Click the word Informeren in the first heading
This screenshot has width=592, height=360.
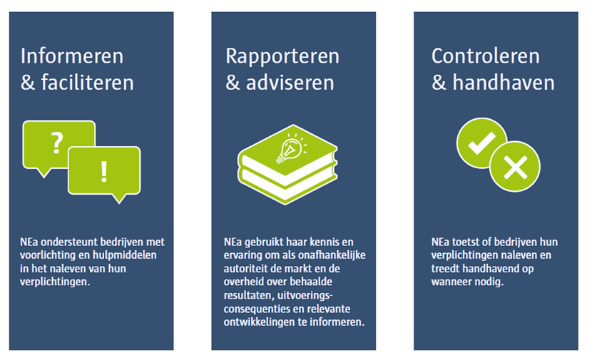pos(72,56)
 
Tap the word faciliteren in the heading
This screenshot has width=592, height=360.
pos(87,83)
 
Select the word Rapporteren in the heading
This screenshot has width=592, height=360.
pos(282,57)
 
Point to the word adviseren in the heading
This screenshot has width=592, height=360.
pos(290,83)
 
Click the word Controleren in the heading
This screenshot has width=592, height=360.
pos(486,56)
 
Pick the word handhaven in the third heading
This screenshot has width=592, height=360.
pos(504,83)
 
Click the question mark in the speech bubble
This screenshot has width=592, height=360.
pos(57,143)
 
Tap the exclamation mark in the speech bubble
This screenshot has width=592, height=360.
pos(104,172)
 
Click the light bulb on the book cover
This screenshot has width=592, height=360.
pos(290,149)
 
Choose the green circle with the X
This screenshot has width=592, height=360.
pos(515,166)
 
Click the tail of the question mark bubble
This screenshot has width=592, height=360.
pos(44,173)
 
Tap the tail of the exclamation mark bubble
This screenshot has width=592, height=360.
pos(119,198)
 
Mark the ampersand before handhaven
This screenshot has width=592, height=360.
pos(439,83)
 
